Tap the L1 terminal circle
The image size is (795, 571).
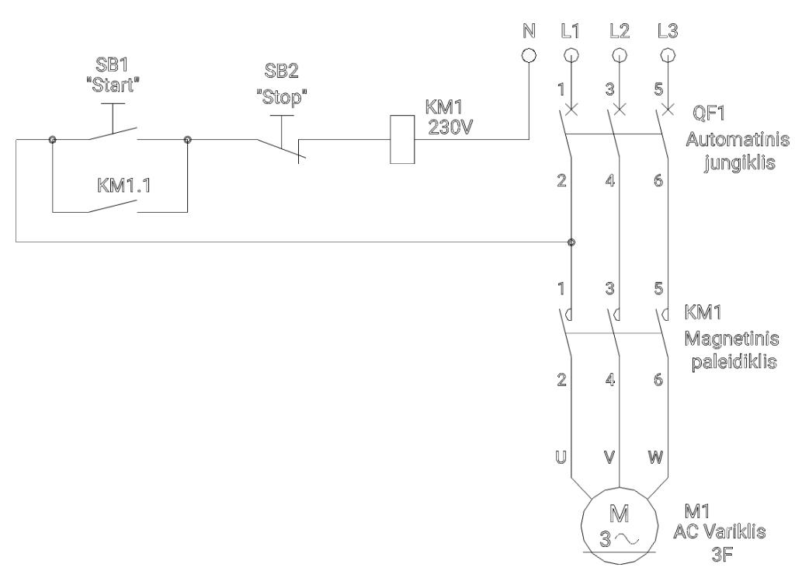[571, 55]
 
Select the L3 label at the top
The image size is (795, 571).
[666, 31]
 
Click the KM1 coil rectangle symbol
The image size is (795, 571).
[400, 140]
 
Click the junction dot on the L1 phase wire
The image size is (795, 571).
[571, 242]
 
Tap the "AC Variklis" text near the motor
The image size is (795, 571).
[724, 532]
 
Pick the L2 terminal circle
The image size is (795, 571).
[619, 55]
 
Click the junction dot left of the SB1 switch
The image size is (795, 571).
[52, 140]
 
